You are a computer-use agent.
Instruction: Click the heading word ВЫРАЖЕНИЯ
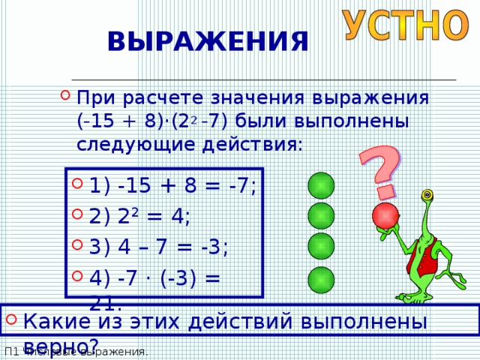(x=208, y=42)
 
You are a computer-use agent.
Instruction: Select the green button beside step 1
(x=320, y=185)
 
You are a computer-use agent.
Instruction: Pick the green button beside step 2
(x=320, y=216)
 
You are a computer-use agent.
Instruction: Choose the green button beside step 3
(x=320, y=247)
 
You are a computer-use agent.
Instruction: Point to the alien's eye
(x=428, y=196)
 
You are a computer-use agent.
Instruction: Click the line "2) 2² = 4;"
(x=139, y=217)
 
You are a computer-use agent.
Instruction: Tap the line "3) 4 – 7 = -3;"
(x=158, y=247)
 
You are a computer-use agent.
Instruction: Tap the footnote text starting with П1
(x=76, y=352)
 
